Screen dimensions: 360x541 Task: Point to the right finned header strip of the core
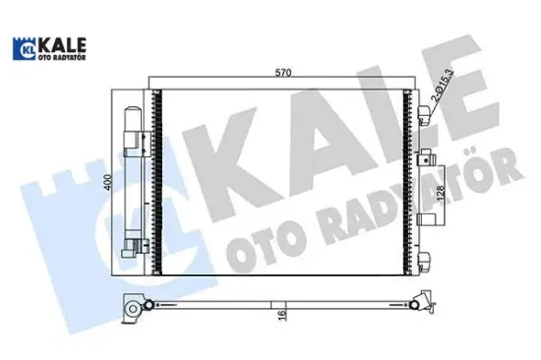click(x=407, y=180)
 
